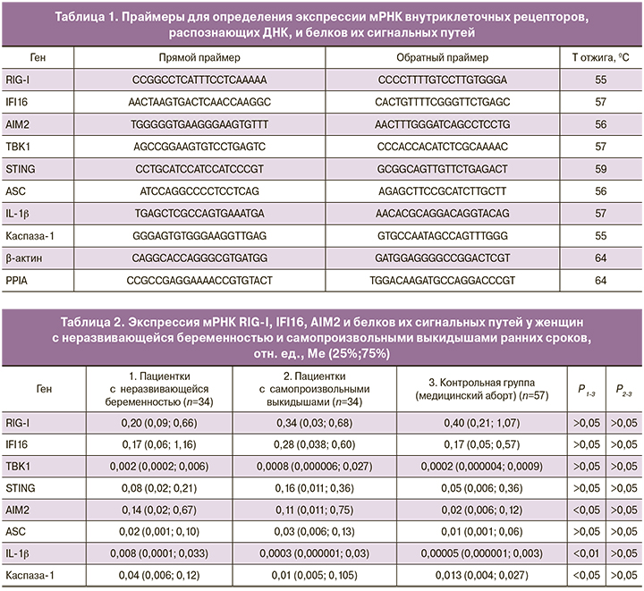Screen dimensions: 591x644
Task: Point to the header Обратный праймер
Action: click(442, 57)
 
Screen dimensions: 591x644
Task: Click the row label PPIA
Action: click(17, 281)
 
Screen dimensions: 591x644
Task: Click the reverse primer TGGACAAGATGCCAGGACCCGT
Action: click(442, 281)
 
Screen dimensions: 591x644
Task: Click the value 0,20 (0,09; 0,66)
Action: click(157, 421)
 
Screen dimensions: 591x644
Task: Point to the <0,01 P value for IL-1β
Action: click(588, 552)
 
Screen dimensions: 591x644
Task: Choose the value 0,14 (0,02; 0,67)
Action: click(157, 508)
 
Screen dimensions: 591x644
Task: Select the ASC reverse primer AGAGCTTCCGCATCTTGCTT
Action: click(442, 191)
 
